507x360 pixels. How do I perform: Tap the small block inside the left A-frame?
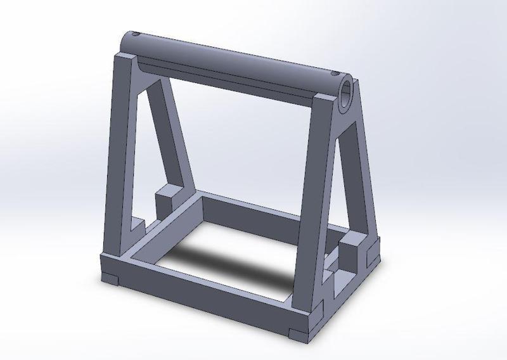tap(167, 202)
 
